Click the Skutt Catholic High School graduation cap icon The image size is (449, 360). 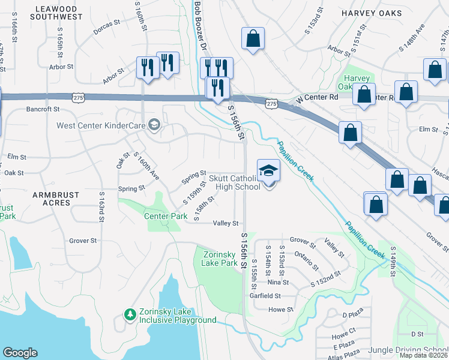click(269, 170)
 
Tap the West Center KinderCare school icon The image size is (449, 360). click(154, 125)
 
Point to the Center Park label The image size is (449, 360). click(161, 215)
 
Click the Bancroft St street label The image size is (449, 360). click(43, 109)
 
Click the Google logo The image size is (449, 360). click(20, 353)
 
